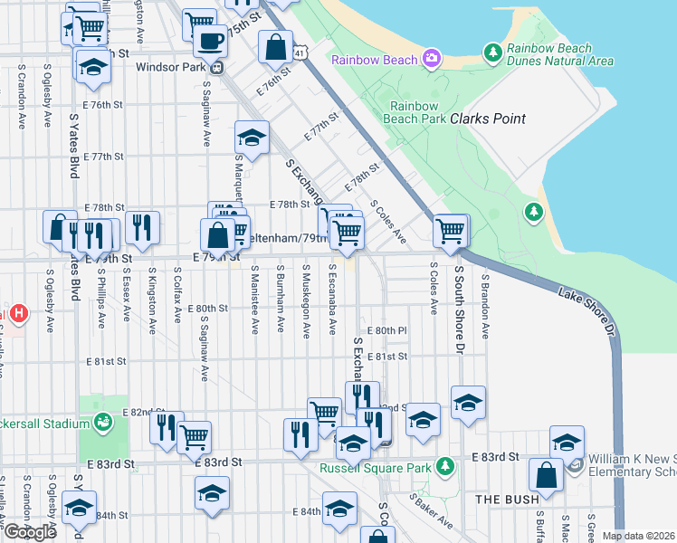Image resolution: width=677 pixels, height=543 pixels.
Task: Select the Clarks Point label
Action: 488,119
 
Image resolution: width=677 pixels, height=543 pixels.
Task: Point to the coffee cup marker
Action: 211,42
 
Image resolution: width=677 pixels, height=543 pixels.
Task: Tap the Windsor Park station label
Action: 172,66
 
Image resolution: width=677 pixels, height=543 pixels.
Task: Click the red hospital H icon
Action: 18,315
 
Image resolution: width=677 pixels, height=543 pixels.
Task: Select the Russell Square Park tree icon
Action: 444,467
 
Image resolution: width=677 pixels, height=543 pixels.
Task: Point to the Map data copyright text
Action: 637,536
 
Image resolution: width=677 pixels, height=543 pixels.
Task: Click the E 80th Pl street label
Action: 386,330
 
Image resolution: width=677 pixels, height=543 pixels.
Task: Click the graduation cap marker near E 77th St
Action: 253,138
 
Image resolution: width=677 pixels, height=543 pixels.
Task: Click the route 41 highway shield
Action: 298,54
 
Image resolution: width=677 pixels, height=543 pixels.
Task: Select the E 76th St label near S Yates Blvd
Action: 107,105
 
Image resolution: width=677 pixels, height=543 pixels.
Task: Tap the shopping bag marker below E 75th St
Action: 275,47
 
